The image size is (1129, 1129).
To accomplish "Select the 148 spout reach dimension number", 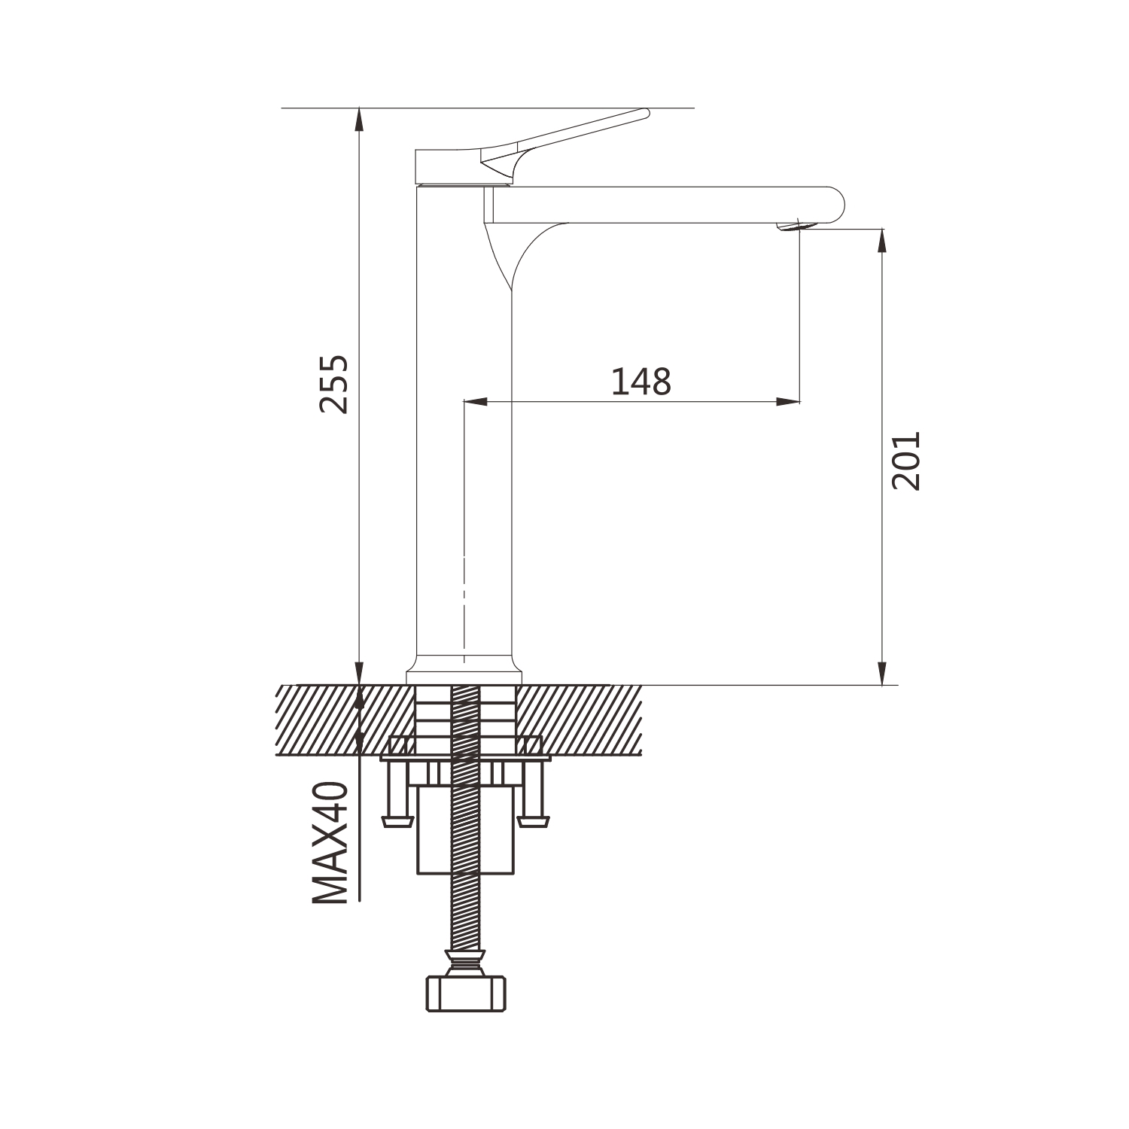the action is (x=641, y=382).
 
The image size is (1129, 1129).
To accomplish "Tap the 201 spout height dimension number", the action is (x=905, y=461).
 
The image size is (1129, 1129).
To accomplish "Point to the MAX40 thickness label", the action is (x=331, y=842).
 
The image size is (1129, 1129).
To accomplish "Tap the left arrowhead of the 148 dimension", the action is (x=476, y=402).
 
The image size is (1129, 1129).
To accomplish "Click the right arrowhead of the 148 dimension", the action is (x=788, y=402).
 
